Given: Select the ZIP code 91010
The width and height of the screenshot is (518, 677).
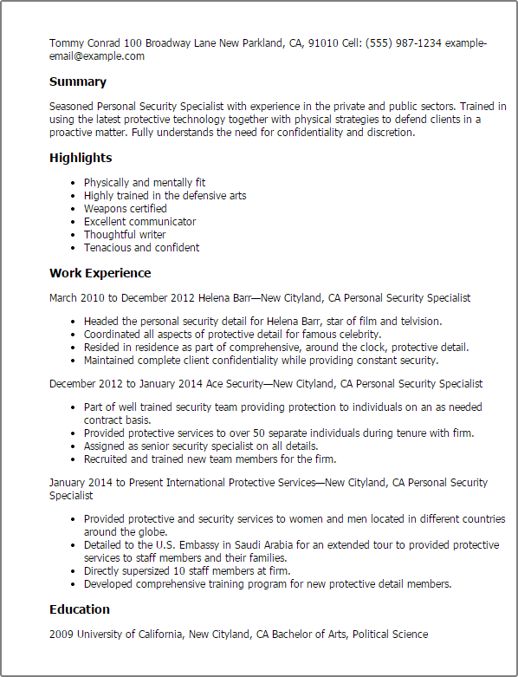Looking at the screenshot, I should (x=323, y=43).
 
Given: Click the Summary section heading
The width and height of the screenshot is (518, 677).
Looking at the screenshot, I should (x=78, y=82).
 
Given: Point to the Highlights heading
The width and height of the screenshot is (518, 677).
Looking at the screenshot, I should (x=81, y=158).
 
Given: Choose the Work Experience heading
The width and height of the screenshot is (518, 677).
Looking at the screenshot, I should (x=100, y=273).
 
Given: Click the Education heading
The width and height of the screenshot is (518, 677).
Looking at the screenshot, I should (x=80, y=609).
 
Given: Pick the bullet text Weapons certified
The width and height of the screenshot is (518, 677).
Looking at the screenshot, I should (x=125, y=209).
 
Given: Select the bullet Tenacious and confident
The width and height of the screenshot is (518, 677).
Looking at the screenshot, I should (x=141, y=248).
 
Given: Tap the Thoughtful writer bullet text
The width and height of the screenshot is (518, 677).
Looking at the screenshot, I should (x=125, y=235).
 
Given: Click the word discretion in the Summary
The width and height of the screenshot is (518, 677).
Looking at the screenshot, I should (x=391, y=133).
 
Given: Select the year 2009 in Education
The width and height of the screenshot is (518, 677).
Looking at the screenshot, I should (x=62, y=635).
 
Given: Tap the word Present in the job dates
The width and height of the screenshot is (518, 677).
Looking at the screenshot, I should (x=152, y=483).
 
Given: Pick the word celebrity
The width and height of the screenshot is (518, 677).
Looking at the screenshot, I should (x=357, y=335).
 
